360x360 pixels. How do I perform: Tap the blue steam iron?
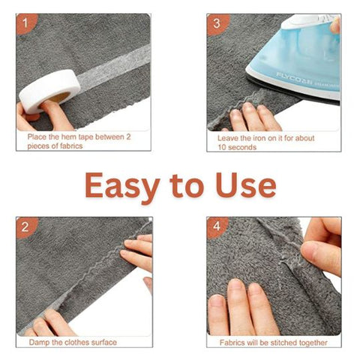click(296, 56)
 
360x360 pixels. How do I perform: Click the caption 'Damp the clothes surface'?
click(73, 342)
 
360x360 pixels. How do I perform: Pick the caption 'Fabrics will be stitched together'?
click(273, 342)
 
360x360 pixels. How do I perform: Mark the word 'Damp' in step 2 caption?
click(40, 342)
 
